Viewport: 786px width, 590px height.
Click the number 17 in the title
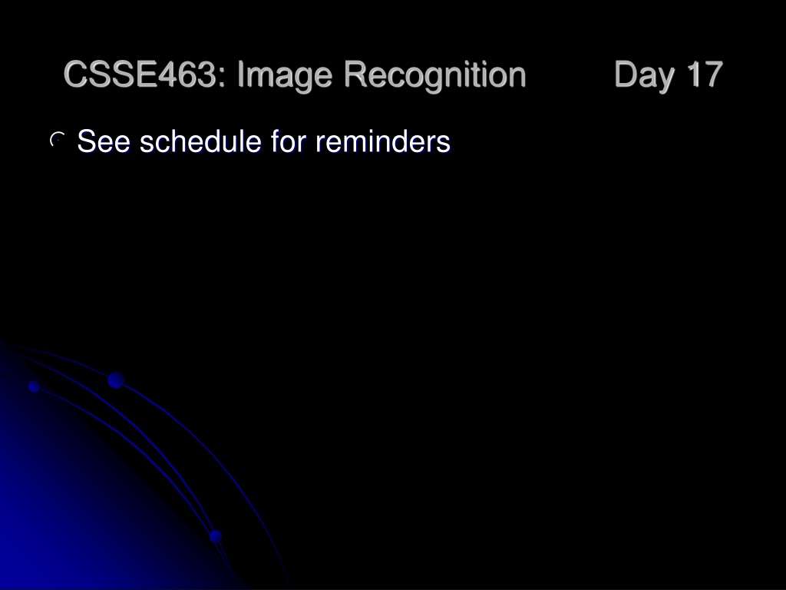(x=705, y=75)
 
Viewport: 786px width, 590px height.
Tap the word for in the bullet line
(x=289, y=141)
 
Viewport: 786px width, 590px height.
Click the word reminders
(x=383, y=141)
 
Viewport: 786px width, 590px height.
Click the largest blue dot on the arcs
(x=116, y=380)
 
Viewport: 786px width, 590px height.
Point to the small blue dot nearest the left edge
(x=34, y=386)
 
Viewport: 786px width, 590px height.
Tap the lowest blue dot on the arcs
(x=216, y=536)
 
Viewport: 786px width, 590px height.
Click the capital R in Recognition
(x=356, y=75)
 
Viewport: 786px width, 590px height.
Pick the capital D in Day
(x=626, y=75)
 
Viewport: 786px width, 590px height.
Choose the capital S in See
(x=88, y=141)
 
